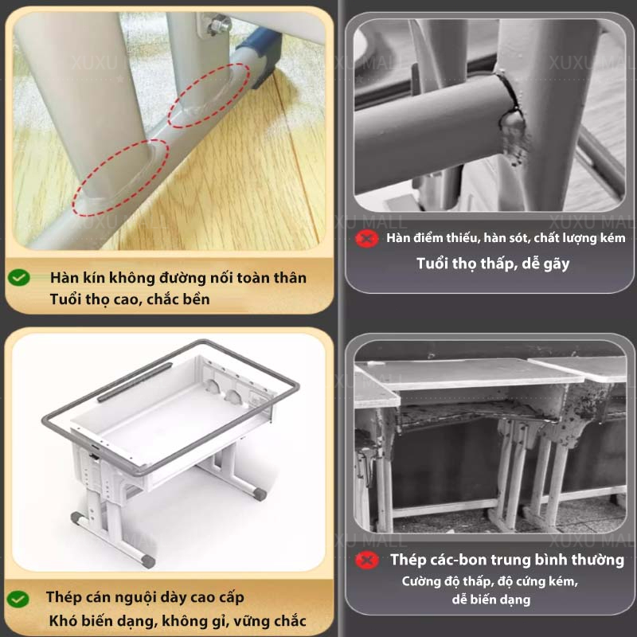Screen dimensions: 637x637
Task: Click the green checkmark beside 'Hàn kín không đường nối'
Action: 18,277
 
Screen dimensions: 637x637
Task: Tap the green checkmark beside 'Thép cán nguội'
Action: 18,599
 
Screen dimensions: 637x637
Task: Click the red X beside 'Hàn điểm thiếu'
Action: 367,238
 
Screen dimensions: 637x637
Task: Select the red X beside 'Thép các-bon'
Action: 367,561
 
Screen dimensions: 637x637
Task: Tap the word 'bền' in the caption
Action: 197,299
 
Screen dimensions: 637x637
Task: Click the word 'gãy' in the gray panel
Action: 557,264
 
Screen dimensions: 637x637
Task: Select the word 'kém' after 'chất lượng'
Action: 612,237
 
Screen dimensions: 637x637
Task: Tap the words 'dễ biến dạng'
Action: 491,600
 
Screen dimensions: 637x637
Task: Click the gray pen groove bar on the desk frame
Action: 135,382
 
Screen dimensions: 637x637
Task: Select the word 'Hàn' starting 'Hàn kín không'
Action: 64,278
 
